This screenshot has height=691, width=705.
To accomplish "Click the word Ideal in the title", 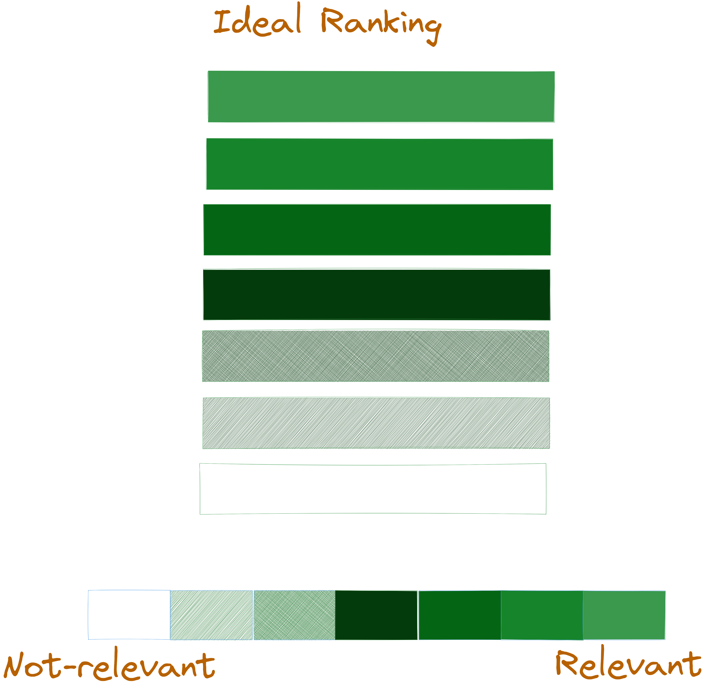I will pos(257,22).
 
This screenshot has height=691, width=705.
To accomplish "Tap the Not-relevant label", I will pos(109,666).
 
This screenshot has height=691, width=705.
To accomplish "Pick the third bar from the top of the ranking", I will pos(377,230).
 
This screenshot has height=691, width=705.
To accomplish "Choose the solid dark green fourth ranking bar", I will pos(376,294).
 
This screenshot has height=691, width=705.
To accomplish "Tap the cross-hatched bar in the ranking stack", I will pos(375,356).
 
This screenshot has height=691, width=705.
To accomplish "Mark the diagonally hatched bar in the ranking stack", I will pos(376,423).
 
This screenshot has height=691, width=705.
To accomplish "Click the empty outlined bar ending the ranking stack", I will pos(373,489).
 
